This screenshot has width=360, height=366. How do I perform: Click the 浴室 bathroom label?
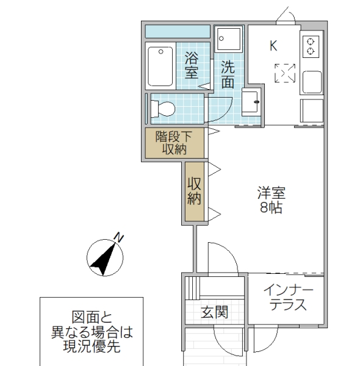[x=191, y=65]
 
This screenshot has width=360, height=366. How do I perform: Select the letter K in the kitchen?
[x=273, y=45]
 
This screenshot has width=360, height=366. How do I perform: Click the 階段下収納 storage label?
[x=173, y=143]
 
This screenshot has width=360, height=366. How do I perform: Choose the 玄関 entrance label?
[x=214, y=313]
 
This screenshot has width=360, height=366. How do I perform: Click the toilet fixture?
[x=163, y=109]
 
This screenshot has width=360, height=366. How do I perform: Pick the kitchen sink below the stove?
[x=312, y=81]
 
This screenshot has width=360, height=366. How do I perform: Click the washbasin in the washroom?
[x=251, y=101]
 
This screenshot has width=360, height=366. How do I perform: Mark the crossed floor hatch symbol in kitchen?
[x=284, y=73]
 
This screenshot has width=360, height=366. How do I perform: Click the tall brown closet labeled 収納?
[x=195, y=191]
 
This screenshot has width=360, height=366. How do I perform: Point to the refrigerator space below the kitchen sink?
[x=312, y=110]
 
